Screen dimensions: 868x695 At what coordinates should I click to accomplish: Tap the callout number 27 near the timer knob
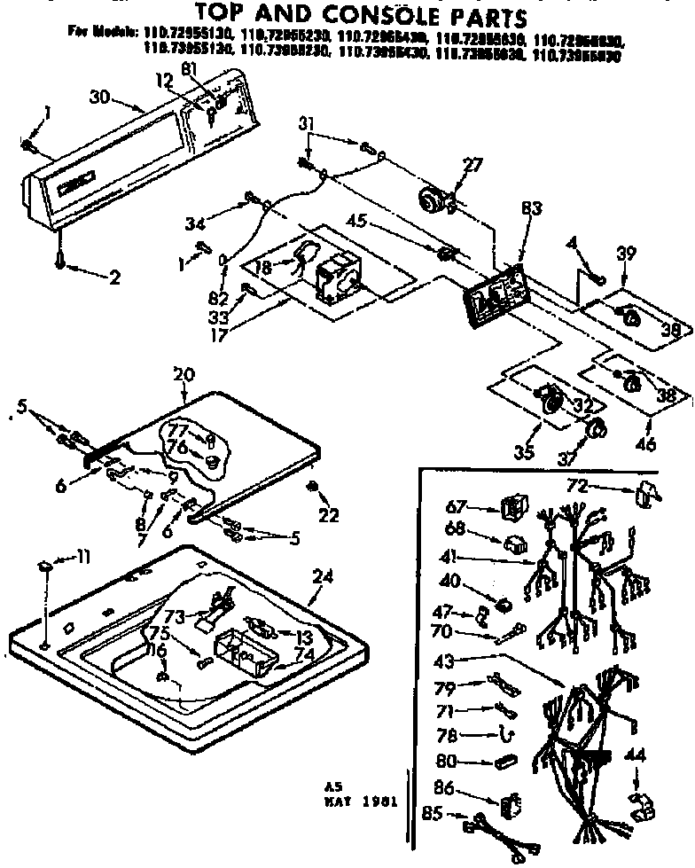(473, 162)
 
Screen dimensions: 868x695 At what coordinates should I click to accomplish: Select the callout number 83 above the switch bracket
(531, 208)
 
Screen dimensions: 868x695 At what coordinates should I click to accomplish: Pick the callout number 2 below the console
(114, 278)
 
